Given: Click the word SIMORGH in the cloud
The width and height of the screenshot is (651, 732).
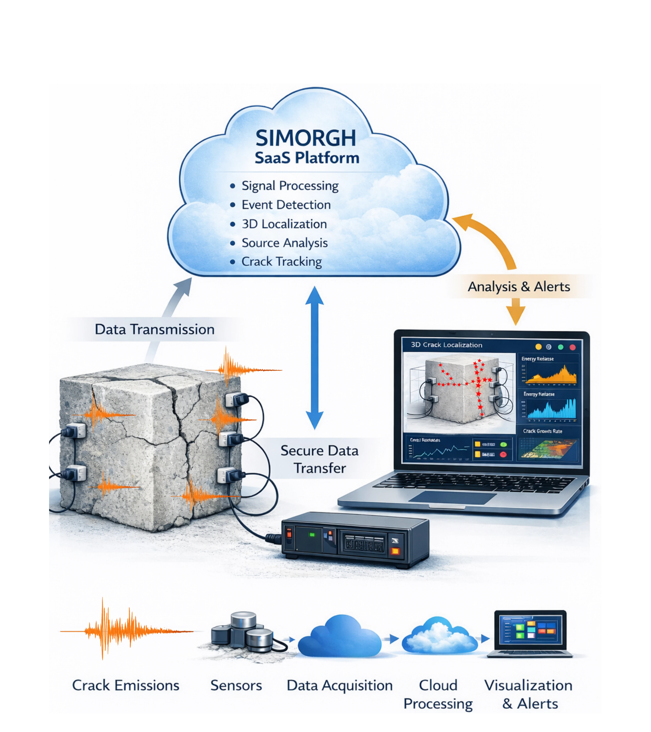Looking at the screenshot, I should (306, 138).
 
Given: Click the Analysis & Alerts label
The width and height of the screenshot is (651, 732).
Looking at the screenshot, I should (518, 286).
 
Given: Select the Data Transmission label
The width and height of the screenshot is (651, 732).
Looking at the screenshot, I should (154, 329).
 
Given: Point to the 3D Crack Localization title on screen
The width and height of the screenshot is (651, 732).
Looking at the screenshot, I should (446, 345).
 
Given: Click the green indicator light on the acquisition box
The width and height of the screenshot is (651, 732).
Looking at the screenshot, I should (312, 535).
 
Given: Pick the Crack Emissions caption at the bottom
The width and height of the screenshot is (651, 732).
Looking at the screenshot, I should (126, 685).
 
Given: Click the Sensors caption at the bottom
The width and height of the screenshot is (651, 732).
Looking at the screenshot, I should (236, 685).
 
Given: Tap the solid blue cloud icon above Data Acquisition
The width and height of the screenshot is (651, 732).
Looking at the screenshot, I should (340, 637).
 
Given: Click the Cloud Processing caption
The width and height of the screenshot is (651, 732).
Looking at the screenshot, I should (438, 694).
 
